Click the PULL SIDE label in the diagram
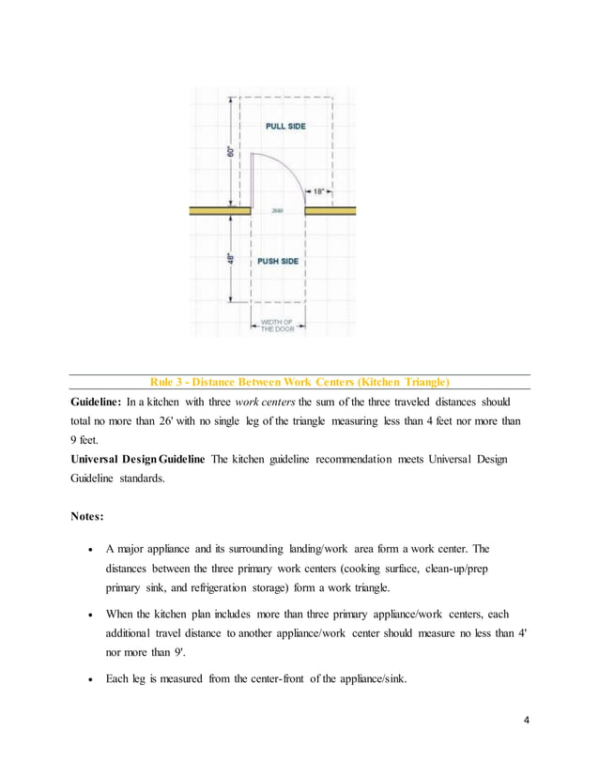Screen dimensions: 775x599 tap(285, 126)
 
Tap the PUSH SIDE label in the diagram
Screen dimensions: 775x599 tap(278, 261)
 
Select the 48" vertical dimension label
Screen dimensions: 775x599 tap(231, 256)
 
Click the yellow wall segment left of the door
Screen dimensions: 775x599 tap(218, 211)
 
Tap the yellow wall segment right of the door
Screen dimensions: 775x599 tap(330, 211)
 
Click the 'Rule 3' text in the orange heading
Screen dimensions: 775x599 tap(171, 382)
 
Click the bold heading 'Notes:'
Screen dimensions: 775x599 tap(92, 517)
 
